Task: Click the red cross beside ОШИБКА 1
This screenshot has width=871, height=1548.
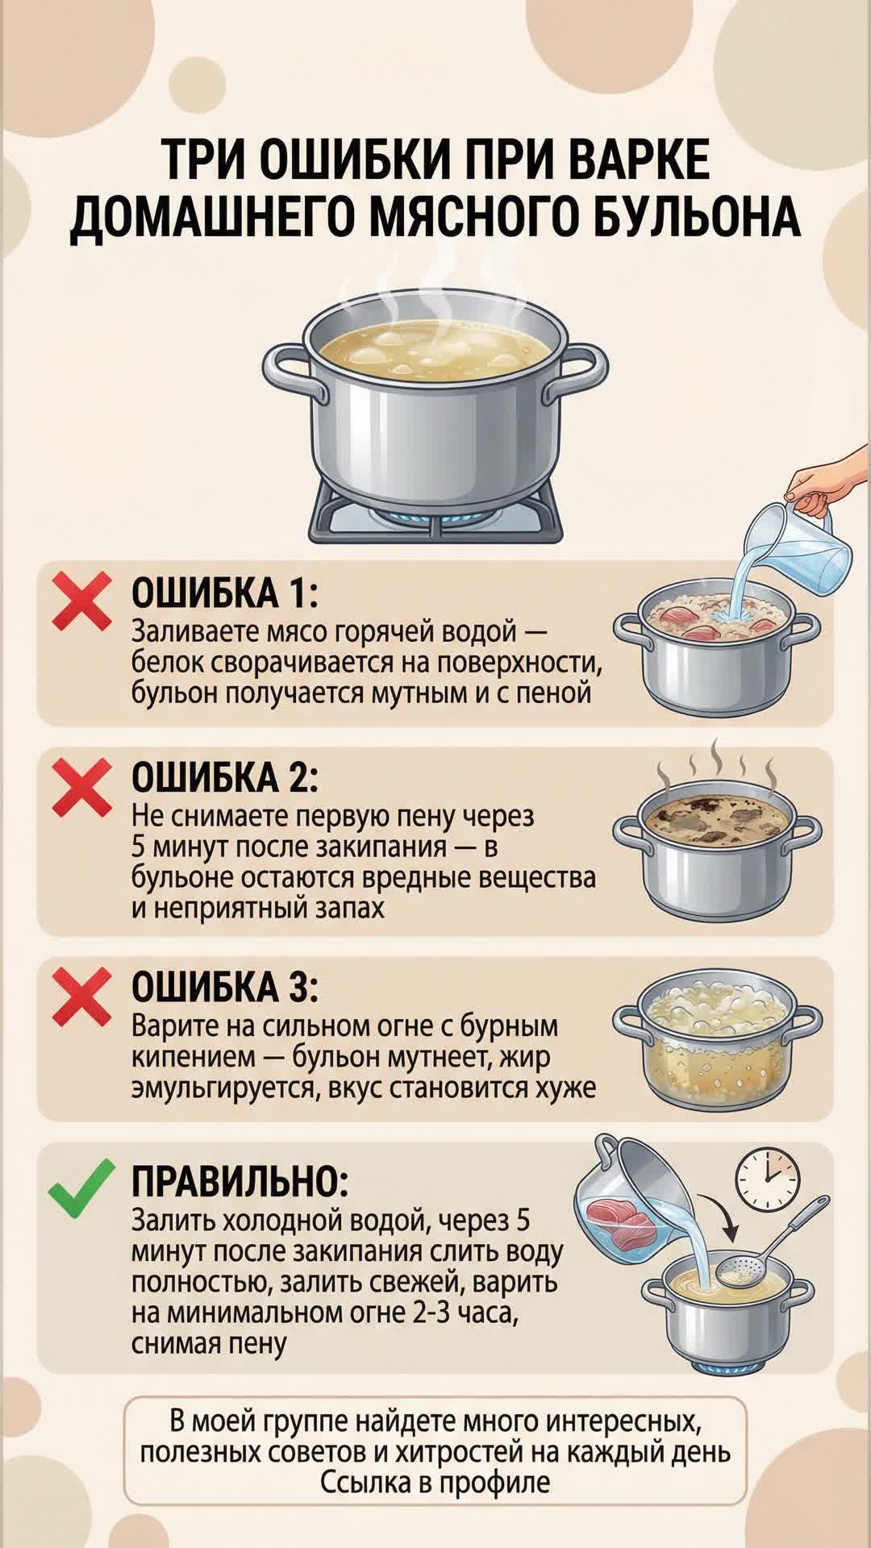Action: (81, 601)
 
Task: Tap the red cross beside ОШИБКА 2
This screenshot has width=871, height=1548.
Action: (81, 787)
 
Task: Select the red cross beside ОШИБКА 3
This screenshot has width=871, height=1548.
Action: (81, 997)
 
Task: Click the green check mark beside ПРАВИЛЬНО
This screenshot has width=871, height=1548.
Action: (81, 1188)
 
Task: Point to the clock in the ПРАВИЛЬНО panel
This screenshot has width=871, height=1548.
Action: (767, 1178)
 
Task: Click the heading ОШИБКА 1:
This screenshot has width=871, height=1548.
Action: (225, 593)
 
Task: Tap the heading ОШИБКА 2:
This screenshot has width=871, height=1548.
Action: (225, 777)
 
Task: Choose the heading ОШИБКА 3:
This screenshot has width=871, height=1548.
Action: (225, 987)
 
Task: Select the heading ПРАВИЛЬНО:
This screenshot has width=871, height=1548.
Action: (240, 1181)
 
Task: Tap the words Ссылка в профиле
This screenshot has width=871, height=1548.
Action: (435, 1483)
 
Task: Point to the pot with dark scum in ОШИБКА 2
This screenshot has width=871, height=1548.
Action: (716, 855)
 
